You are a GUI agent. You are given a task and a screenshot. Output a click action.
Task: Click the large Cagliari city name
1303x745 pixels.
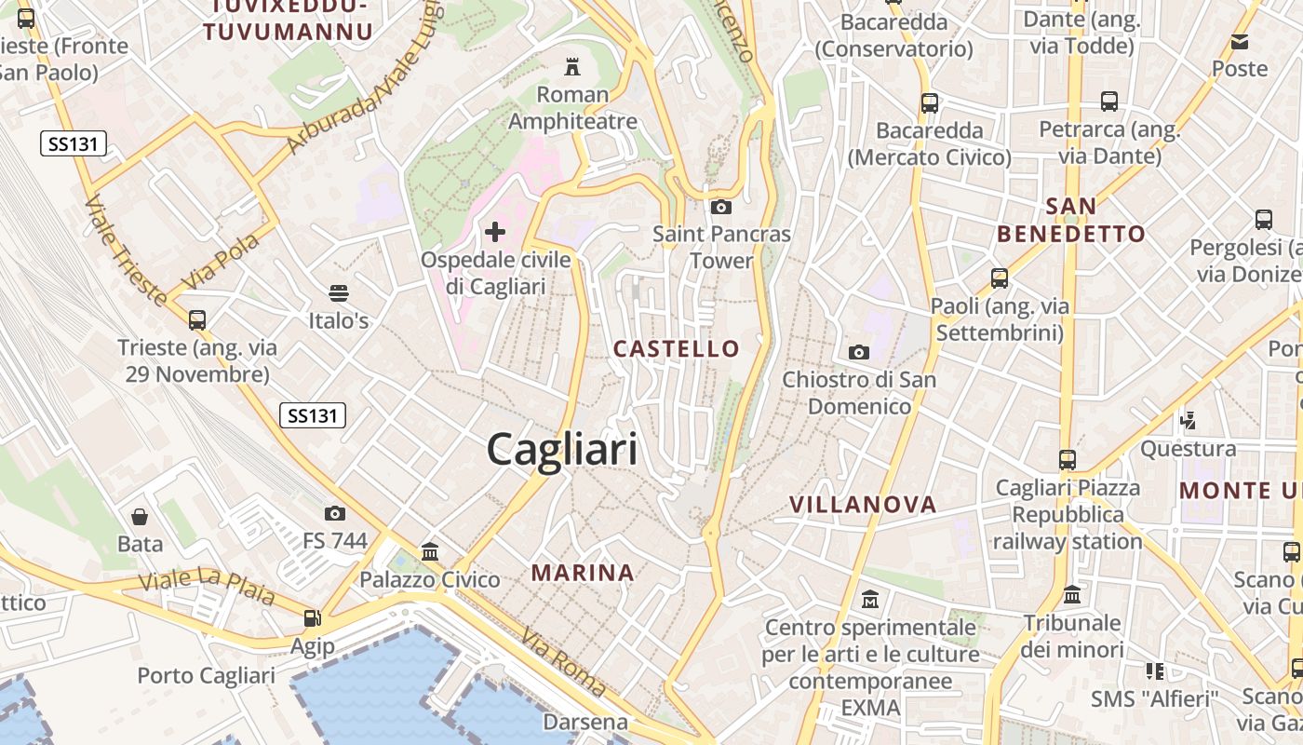coord(562,450)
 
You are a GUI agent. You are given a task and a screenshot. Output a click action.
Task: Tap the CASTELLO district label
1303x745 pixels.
coord(677,349)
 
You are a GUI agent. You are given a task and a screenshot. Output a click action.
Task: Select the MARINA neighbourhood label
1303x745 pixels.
coord(583,573)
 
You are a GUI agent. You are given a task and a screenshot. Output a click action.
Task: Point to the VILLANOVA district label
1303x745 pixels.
coord(863,505)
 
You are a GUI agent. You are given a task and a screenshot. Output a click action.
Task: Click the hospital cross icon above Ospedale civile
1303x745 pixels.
coord(495,231)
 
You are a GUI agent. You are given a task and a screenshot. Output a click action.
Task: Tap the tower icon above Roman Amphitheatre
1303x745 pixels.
coord(572,66)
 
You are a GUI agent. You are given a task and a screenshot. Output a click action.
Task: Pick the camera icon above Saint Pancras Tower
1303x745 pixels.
coord(720,207)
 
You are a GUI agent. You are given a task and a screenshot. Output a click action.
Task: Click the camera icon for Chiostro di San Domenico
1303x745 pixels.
coord(859,352)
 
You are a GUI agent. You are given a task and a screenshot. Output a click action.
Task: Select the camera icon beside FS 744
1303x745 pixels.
coord(335,513)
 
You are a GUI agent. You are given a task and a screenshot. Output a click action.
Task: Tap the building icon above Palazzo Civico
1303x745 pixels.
coord(430,551)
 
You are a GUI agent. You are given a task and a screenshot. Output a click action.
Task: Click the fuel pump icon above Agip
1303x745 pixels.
coord(313,617)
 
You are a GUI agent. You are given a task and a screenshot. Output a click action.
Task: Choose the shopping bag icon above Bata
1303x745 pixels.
coord(140,516)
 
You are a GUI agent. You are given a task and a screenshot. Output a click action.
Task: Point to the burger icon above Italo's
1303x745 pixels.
coord(339,292)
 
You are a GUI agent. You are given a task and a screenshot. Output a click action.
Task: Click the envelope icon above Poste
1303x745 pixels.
coord(1240,41)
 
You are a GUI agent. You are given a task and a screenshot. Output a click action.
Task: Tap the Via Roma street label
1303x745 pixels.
coord(564,663)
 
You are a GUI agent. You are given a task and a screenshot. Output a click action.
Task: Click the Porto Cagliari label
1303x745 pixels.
coord(207,675)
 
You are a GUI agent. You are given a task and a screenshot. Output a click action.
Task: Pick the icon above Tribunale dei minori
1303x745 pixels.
coord(1072,594)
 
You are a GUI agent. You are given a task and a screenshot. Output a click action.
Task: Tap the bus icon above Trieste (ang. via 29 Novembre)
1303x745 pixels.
coord(197,319)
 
